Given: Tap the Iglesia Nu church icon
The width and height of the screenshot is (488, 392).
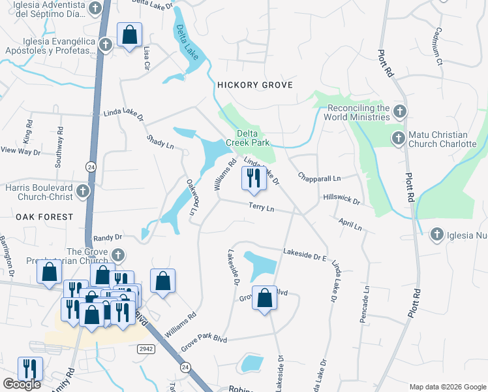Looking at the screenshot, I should (436, 234).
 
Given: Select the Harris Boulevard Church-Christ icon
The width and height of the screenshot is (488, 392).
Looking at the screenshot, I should (82, 191).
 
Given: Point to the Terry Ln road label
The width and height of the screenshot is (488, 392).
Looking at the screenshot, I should (261, 207).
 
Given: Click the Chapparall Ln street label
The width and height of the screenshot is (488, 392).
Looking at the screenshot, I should (320, 178).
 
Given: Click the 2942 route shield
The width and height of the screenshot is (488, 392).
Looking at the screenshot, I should (147, 350).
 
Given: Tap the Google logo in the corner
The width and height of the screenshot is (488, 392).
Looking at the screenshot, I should (22, 384).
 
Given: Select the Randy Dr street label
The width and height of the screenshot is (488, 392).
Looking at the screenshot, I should (108, 238).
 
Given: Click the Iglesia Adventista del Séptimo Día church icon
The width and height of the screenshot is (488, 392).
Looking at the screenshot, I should (96, 8).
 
